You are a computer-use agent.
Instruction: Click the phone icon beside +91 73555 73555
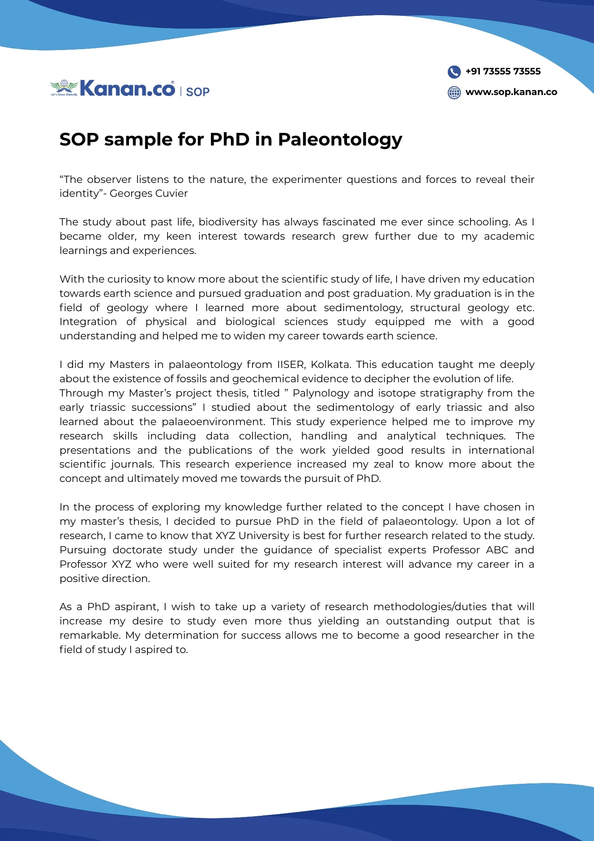(x=454, y=72)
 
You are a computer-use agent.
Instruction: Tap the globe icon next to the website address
(x=454, y=93)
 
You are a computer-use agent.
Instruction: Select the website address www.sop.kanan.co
(x=511, y=92)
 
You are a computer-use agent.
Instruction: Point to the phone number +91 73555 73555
(x=503, y=71)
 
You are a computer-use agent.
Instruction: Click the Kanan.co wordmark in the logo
(x=127, y=89)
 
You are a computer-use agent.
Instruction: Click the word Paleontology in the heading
(x=340, y=140)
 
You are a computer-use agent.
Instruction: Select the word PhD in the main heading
(x=229, y=140)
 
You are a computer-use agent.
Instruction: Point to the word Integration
(x=88, y=322)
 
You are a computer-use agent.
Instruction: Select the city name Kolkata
(x=330, y=365)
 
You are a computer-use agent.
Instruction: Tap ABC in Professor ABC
(x=497, y=550)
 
